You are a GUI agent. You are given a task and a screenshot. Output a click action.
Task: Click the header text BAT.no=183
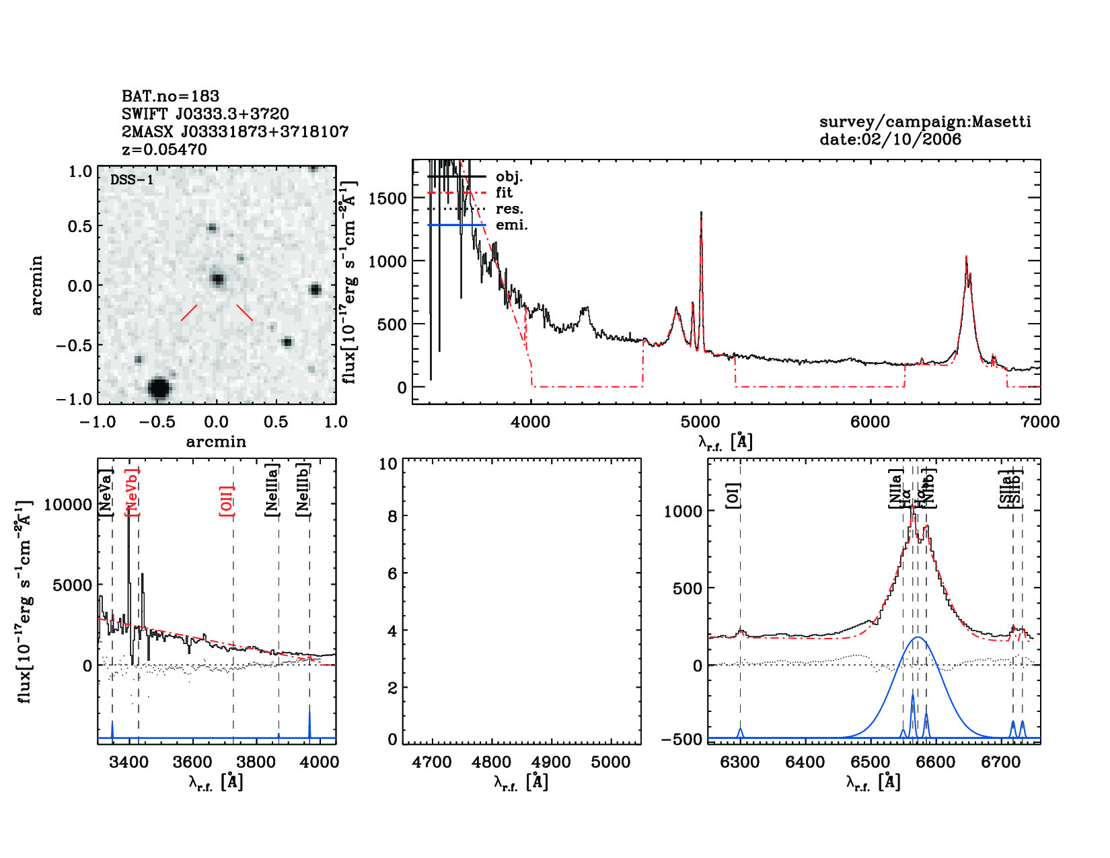[x=170, y=96]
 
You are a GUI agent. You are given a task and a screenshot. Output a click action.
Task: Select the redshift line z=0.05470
[x=164, y=149]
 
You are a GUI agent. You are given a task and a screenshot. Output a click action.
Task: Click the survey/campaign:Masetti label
[x=925, y=122]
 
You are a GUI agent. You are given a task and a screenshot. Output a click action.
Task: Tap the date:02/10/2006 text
[x=890, y=139]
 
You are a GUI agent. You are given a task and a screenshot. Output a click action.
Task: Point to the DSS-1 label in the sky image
[x=131, y=180]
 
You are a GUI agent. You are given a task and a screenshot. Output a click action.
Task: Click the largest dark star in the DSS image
[x=159, y=388]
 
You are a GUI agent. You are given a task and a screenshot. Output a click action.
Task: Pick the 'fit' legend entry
[x=504, y=192]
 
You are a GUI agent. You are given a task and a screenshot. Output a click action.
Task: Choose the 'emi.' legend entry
[x=511, y=225]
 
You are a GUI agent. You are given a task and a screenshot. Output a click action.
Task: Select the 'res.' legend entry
[x=509, y=209]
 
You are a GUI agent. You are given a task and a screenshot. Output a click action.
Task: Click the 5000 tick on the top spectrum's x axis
[x=700, y=422]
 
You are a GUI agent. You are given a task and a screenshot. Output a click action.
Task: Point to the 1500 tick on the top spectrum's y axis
[x=387, y=198]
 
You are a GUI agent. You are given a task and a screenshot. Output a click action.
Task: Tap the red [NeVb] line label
[x=133, y=493]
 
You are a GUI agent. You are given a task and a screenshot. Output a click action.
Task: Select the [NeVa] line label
[x=106, y=493]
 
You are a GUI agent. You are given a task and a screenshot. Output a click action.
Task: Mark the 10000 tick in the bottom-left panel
[x=68, y=505]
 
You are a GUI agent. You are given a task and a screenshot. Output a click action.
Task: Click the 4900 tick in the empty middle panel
[x=551, y=762]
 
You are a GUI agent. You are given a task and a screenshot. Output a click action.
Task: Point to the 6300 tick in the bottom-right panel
[x=740, y=762]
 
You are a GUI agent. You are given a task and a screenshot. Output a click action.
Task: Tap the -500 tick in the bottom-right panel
[x=681, y=740]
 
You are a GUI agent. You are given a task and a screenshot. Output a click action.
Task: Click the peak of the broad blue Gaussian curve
[x=918, y=637]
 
